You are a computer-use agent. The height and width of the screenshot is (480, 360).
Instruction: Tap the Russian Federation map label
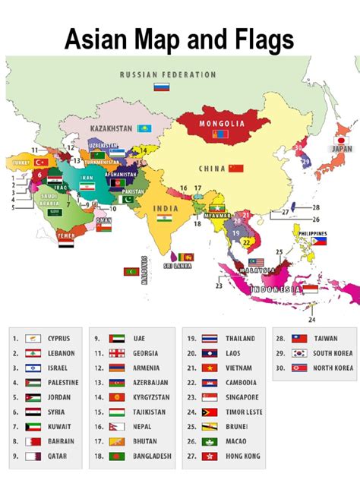(x=168, y=75)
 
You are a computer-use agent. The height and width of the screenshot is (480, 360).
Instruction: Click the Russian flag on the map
(x=161, y=87)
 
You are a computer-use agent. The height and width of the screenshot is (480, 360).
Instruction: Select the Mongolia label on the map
(x=222, y=123)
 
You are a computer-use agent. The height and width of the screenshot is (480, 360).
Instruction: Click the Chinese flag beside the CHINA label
(x=236, y=168)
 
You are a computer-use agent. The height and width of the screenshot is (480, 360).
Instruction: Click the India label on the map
(x=166, y=207)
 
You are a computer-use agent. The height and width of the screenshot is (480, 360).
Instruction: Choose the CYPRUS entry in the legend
(x=58, y=338)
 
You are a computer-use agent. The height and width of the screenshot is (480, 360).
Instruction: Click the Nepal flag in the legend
(x=116, y=425)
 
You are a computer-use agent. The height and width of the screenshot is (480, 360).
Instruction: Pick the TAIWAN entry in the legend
(x=326, y=338)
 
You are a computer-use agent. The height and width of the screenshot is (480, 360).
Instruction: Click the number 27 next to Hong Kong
(x=190, y=455)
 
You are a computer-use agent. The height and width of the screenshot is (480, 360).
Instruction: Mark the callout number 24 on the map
(x=311, y=309)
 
